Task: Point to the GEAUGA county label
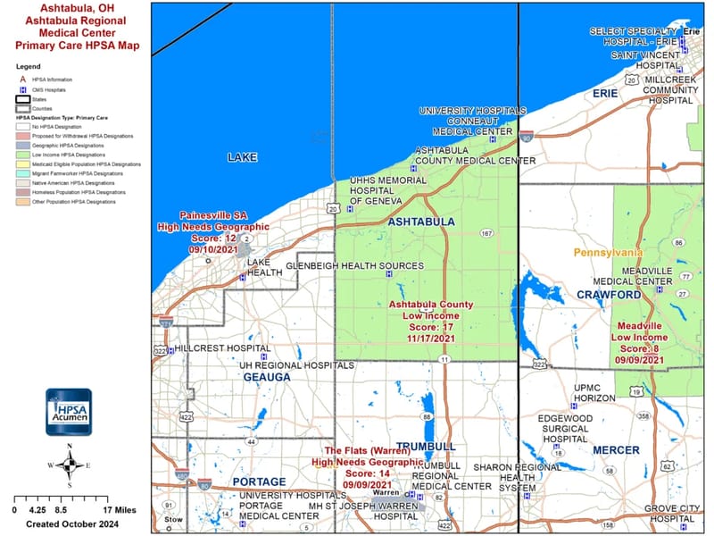[267, 378]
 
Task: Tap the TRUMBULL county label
[426, 446]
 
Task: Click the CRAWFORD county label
[610, 294]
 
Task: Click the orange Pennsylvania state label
[608, 253]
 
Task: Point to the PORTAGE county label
[258, 482]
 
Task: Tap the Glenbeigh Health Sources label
[354, 265]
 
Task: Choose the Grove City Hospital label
[660, 514]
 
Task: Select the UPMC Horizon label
[594, 392]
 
